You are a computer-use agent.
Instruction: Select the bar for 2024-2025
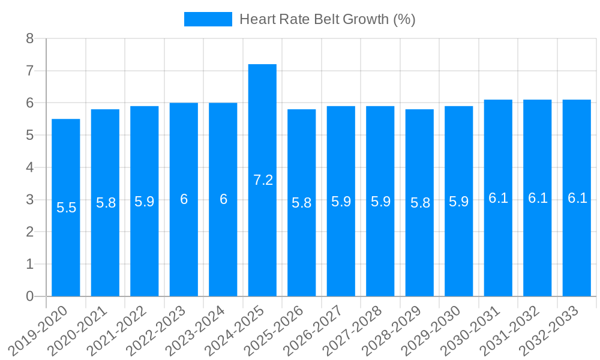(x=262, y=180)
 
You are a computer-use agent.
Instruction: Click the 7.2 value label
(x=263, y=180)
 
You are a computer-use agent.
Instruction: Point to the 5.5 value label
(x=66, y=208)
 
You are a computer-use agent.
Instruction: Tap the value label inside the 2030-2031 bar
(x=498, y=198)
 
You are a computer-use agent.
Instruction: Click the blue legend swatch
(x=208, y=19)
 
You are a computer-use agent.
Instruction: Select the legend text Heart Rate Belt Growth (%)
(x=327, y=19)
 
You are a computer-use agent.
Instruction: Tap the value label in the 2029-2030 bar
(x=458, y=202)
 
